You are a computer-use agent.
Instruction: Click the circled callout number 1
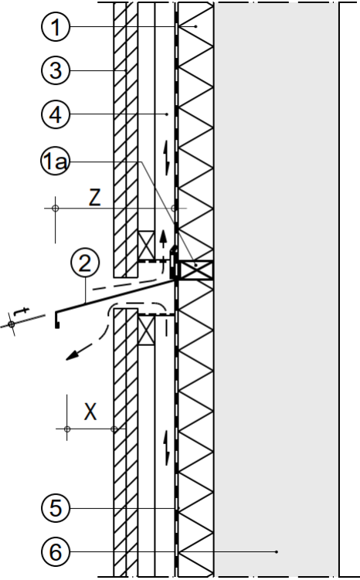coord(56,26)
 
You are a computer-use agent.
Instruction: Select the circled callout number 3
coord(56,70)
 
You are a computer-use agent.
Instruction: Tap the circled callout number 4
coord(56,114)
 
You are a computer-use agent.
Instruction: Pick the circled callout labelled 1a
coord(56,161)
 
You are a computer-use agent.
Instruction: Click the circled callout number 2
coord(85,263)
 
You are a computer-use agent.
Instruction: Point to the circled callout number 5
coord(56,508)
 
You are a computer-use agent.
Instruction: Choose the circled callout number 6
coord(56,552)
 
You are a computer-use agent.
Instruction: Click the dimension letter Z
coord(95,198)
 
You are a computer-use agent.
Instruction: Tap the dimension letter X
coord(90,412)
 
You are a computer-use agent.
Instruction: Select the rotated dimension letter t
coord(22,311)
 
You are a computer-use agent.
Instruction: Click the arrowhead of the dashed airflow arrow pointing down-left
coord(73,355)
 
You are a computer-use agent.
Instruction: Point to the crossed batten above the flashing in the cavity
coord(146,245)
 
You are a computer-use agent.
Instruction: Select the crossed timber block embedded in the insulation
coord(196,270)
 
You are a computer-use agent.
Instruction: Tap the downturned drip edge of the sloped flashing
coord(56,320)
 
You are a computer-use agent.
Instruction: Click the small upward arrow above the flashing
coord(163,239)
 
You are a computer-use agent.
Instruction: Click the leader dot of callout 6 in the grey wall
coord(277,552)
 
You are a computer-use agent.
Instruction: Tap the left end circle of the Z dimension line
coord(56,209)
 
